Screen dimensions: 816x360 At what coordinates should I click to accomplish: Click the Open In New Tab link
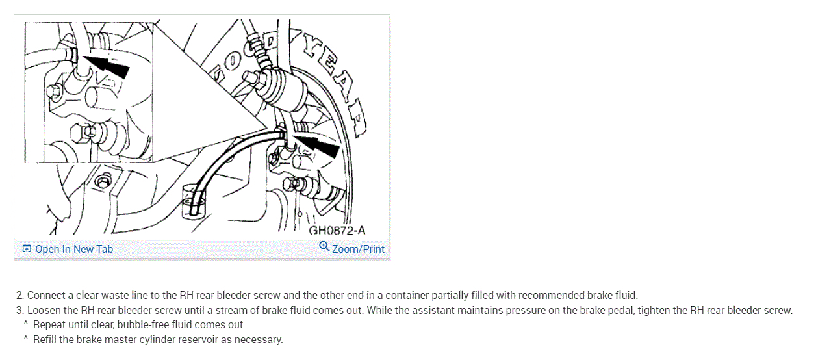coord(73,249)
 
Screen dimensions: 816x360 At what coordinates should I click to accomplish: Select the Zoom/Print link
coord(358,249)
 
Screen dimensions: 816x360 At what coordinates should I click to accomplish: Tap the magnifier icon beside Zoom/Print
coord(324,247)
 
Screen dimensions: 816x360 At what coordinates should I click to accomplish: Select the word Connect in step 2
coord(46,296)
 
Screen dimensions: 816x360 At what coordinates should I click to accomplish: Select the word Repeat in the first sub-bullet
coord(49,324)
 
